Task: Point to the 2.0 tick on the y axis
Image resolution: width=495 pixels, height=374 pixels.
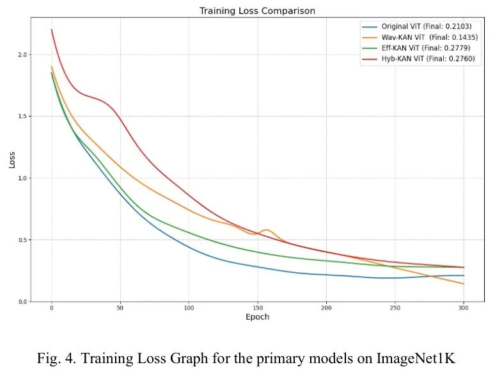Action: [x=24, y=55]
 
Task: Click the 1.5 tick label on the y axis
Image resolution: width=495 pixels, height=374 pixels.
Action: [x=24, y=117]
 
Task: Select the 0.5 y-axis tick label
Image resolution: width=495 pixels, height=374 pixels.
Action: [x=24, y=240]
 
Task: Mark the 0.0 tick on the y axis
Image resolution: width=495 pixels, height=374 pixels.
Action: [x=24, y=302]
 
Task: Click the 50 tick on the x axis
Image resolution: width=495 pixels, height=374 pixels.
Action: [x=120, y=309]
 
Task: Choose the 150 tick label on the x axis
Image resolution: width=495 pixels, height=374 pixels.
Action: [x=258, y=309]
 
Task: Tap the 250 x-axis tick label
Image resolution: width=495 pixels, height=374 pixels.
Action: [x=395, y=309]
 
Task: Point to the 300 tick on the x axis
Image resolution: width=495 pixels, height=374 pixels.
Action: [x=464, y=309]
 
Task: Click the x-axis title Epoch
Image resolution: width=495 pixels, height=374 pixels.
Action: [x=257, y=318]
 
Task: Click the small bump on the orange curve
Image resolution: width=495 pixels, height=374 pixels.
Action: [x=265, y=230]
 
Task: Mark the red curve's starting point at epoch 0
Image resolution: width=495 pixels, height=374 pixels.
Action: [x=52, y=29]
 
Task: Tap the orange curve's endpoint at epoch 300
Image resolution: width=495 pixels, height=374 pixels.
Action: [x=464, y=284]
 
